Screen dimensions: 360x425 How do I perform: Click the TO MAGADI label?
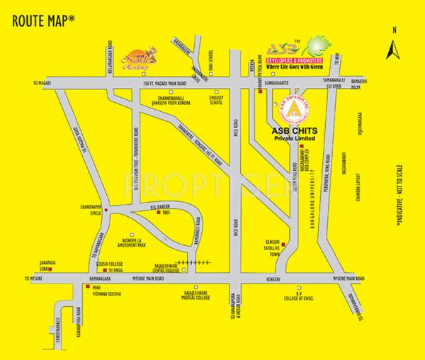[43, 82]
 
